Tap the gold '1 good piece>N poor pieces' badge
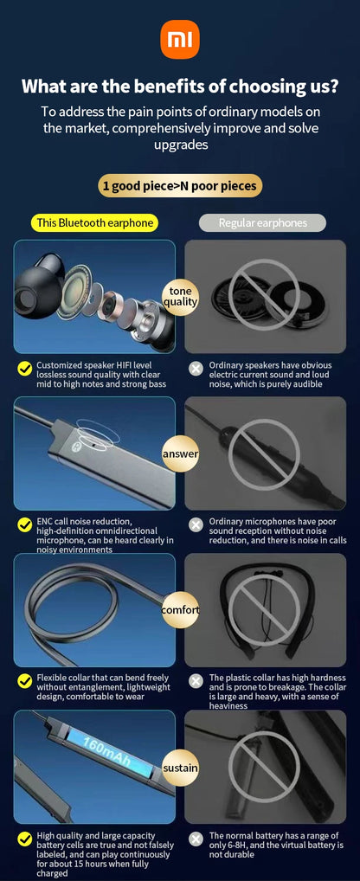[x=180, y=186]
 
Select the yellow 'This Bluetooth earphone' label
[x=95, y=223]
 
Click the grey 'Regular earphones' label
[x=263, y=223]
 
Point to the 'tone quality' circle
[x=180, y=296]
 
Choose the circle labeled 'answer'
[x=180, y=453]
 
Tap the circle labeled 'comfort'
[x=180, y=609]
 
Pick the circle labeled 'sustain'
[x=180, y=767]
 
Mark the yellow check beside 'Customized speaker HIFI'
[x=25, y=369]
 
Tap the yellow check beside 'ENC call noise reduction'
[x=25, y=525]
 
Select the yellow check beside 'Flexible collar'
[x=25, y=682]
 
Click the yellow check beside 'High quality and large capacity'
[x=25, y=839]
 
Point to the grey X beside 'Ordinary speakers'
[x=196, y=369]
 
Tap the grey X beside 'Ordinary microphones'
[x=196, y=525]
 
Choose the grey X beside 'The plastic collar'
[x=196, y=682]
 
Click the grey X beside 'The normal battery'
[x=196, y=839]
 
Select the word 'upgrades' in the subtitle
[x=180, y=145]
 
